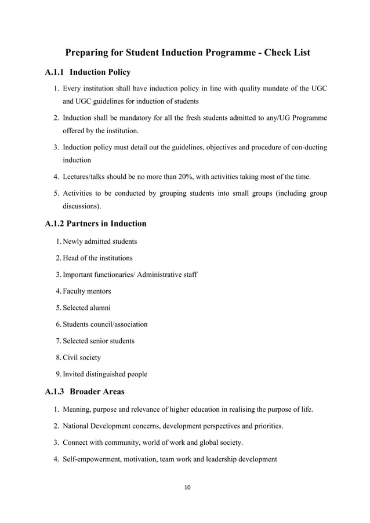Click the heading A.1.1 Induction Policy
tap(88, 72)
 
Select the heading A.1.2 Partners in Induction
tap(95, 223)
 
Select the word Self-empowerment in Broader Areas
tap(94, 459)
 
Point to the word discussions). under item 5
tap(82, 205)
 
